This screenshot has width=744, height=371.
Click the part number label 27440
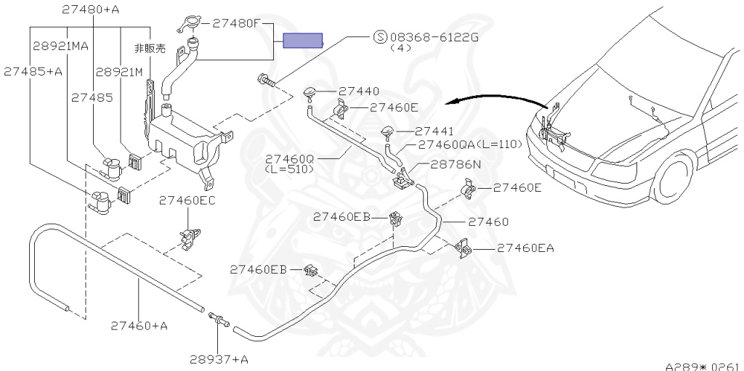pyautogui.click(x=358, y=92)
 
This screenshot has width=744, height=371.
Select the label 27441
pyautogui.click(x=434, y=131)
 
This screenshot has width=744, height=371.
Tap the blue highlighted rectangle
pyautogui.click(x=302, y=41)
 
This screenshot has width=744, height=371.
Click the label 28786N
pyautogui.click(x=455, y=164)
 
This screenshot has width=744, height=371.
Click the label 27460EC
pyautogui.click(x=187, y=200)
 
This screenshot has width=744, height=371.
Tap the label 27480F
pyautogui.click(x=235, y=23)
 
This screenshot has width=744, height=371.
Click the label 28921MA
pyautogui.click(x=60, y=46)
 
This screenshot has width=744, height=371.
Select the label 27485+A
pyautogui.click(x=33, y=71)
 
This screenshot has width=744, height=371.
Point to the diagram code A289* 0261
pyautogui.click(x=703, y=366)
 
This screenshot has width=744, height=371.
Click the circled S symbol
pyautogui.click(x=379, y=37)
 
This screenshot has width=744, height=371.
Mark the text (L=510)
pyautogui.click(x=288, y=169)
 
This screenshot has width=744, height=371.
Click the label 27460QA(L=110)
pyautogui.click(x=470, y=144)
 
